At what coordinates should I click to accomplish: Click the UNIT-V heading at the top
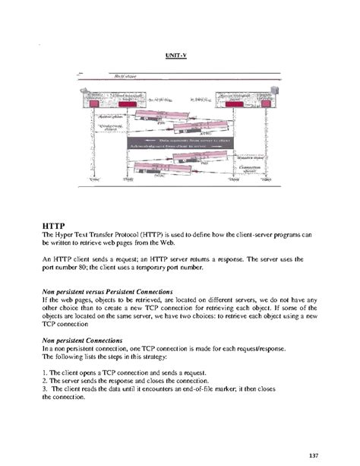click(x=177, y=55)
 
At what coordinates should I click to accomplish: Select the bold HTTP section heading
click(x=55, y=224)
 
